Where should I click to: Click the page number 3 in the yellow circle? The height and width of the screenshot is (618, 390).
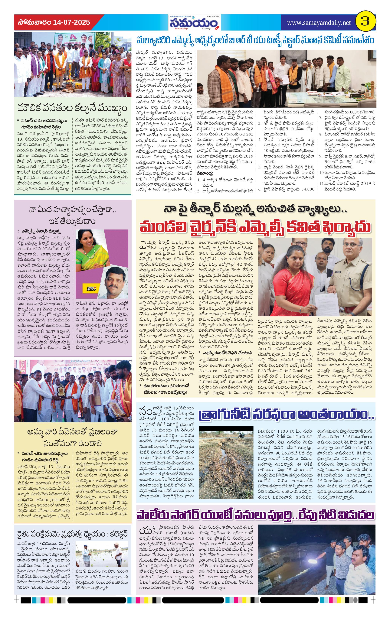365,22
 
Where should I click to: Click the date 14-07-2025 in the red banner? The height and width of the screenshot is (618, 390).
72,22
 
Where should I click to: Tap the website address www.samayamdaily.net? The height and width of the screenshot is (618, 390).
319,23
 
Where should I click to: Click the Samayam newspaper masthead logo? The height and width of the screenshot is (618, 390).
194,23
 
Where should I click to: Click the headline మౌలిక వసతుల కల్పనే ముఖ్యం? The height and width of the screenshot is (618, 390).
72,108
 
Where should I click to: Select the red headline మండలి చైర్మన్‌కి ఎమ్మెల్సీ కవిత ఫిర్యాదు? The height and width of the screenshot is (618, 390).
255,227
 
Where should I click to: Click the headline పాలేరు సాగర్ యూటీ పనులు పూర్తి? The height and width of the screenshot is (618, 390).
255,515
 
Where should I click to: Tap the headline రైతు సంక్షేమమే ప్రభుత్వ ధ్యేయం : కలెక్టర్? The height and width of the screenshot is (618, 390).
72,534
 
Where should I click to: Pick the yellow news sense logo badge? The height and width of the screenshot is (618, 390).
89,288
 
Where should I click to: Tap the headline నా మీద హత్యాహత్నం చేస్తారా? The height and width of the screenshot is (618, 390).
72,215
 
